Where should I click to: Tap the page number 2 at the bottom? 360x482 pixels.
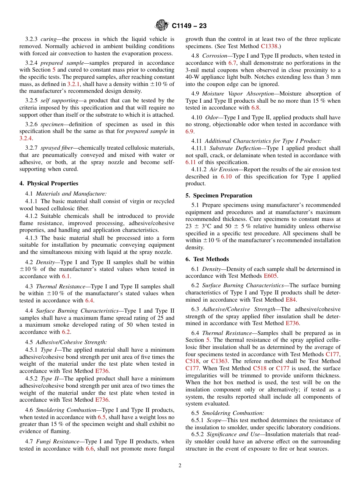(180, 466)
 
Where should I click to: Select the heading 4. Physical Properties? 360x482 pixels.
(49, 183)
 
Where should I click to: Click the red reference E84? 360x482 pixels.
(291, 300)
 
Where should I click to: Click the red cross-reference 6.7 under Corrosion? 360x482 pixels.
(232, 63)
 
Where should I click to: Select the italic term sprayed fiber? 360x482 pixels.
(57, 148)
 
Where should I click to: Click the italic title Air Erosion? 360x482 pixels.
(224, 169)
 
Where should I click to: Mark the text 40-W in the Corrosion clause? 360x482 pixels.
(193, 77)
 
